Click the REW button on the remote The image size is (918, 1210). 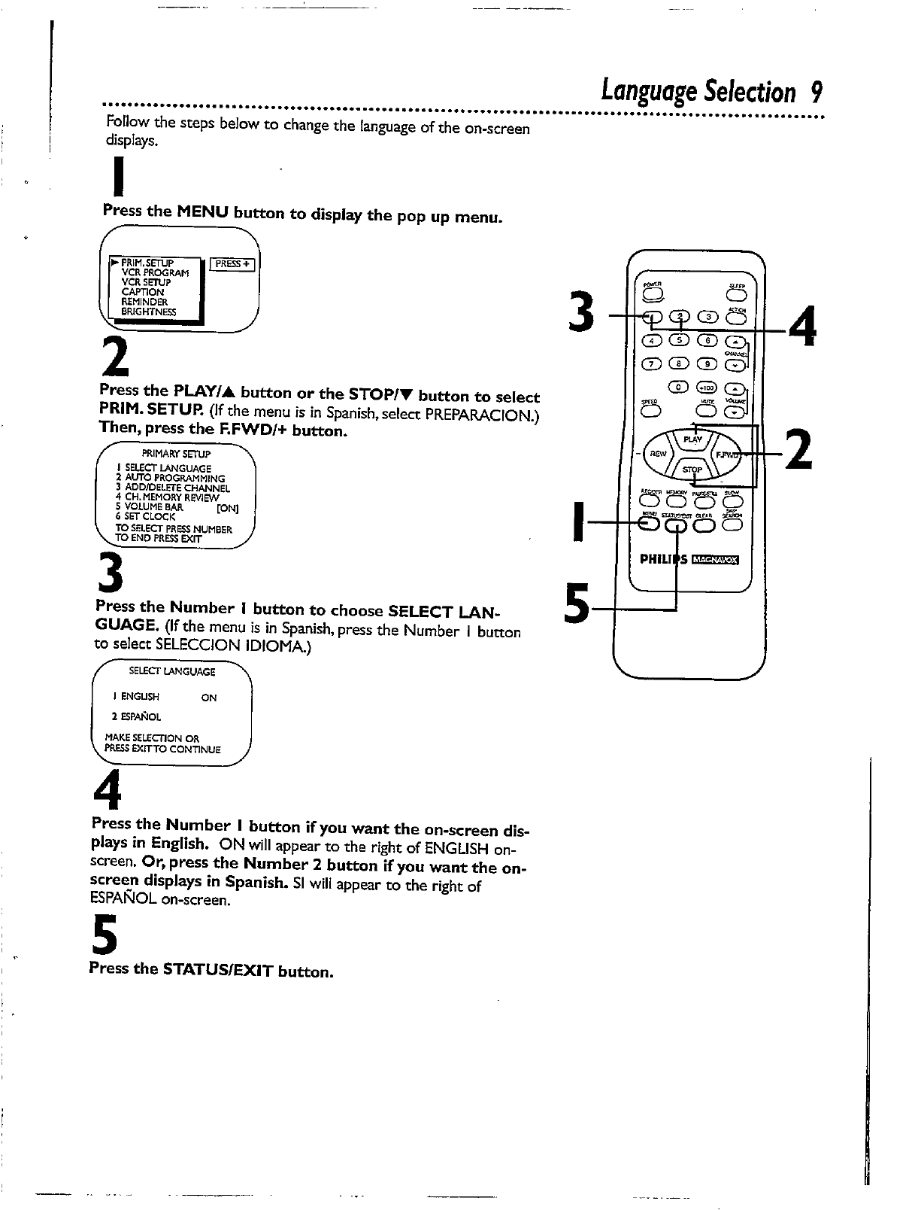pos(659,454)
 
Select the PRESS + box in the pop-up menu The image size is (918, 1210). pos(233,264)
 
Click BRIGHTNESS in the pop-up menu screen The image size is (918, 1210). pos(148,312)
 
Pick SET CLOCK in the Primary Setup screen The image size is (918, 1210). pos(145,517)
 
